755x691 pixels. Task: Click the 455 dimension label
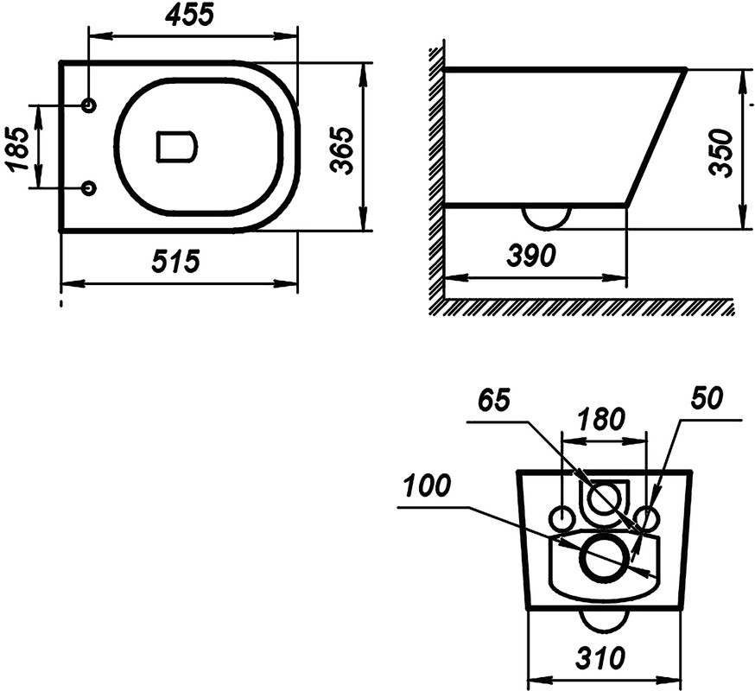coord(188,15)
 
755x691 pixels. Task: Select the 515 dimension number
coord(175,262)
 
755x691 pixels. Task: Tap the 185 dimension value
coord(18,149)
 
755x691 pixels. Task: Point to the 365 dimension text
coord(342,149)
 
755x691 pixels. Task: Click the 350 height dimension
coord(722,153)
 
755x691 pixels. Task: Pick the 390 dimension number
coord(531,255)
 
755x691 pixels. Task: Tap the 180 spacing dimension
coord(602,419)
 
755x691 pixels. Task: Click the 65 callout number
coord(494,400)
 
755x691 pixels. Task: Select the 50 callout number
coord(707,398)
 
